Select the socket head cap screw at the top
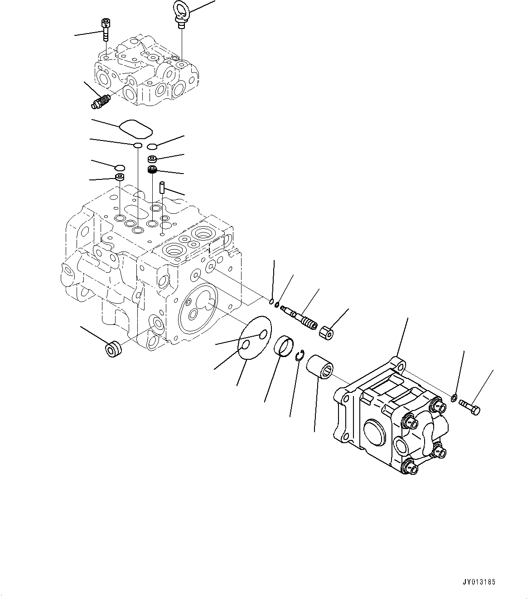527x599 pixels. [106, 28]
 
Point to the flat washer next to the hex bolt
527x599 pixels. [454, 398]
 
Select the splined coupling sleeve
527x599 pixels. [320, 366]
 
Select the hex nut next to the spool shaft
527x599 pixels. [327, 334]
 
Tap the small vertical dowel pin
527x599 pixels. [162, 186]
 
